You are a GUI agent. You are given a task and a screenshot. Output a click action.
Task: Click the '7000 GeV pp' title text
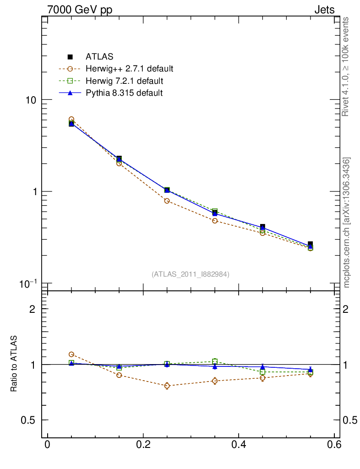[80, 10]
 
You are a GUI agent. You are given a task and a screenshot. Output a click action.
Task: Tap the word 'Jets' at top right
[324, 10]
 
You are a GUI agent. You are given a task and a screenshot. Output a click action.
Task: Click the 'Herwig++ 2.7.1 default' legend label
[129, 69]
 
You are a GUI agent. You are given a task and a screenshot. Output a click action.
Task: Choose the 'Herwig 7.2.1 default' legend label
[124, 81]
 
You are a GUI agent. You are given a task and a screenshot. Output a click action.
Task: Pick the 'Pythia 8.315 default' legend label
[124, 93]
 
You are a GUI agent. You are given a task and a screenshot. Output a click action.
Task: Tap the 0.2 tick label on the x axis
[143, 446]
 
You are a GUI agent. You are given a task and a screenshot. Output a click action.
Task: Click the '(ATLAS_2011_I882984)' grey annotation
[191, 274]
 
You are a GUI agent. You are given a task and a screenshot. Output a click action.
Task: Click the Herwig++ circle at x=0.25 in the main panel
[167, 201]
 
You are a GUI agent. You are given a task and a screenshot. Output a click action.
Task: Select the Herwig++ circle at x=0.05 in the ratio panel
[71, 354]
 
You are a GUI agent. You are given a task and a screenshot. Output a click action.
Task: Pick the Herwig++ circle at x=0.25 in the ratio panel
[167, 386]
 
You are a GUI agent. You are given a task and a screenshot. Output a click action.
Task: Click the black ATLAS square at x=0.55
[310, 244]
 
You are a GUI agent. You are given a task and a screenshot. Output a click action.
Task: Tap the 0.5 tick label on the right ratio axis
[350, 420]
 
